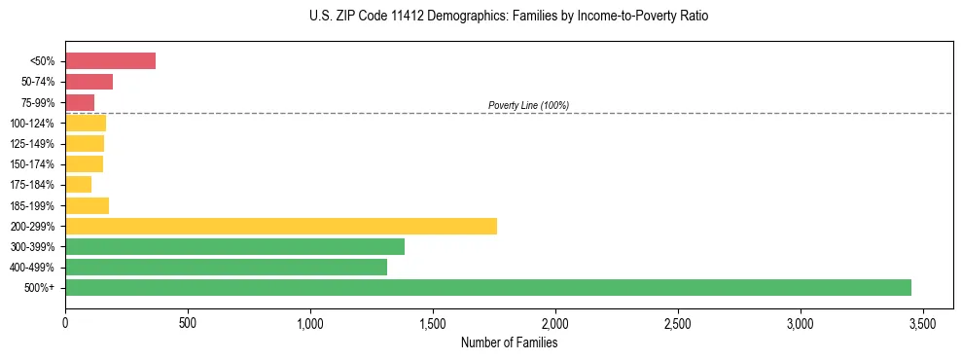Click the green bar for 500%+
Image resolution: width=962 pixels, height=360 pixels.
coord(488,287)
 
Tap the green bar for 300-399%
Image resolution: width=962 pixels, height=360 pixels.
coord(234,246)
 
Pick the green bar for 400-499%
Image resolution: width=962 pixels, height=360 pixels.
coord(226,267)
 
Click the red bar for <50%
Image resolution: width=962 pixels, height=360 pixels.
coord(110,61)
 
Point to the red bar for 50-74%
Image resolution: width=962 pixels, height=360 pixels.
coord(89,82)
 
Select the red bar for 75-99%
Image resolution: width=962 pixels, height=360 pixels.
coord(80,102)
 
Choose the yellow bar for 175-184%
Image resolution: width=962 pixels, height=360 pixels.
coord(78,184)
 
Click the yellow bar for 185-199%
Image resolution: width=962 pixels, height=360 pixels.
coord(87,205)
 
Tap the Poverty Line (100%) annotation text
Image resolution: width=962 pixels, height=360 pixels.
coord(528,105)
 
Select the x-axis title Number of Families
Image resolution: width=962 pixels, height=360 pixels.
coord(509,342)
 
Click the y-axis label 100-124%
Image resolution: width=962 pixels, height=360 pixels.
coord(33,124)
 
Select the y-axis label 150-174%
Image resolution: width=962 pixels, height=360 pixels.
coord(33,164)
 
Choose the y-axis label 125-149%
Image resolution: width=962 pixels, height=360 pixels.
coord(33,144)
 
